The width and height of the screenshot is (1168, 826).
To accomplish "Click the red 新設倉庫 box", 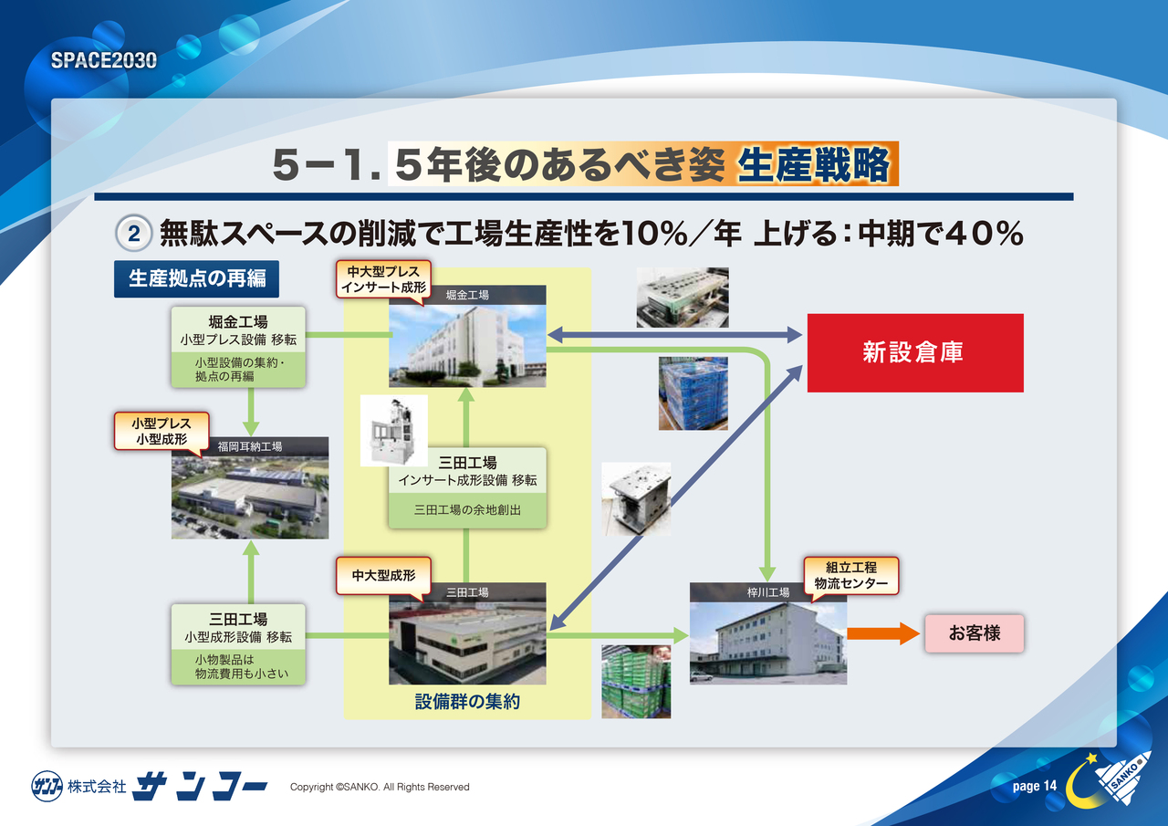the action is [x=915, y=353].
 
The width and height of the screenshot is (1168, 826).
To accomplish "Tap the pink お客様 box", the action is [x=974, y=633].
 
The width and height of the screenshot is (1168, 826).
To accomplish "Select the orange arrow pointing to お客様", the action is [x=882, y=633].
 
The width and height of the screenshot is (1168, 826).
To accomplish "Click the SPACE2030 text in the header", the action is [x=104, y=60].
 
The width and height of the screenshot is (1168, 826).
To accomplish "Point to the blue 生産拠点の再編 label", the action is [x=196, y=278].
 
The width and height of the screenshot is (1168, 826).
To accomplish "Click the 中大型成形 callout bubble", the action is [x=383, y=577].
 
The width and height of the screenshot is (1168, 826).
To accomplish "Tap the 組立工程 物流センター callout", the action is [x=850, y=576].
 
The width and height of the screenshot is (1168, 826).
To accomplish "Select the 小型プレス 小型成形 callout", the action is [x=162, y=432].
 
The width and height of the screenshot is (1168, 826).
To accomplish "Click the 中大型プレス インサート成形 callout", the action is [x=383, y=280].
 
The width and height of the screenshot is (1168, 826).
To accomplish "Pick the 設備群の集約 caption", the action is [x=467, y=701].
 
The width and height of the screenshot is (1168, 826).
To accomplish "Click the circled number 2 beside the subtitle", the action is [x=133, y=234].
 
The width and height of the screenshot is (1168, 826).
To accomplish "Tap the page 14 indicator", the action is [x=1035, y=786].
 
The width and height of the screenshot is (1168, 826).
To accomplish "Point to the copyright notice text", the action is [x=380, y=787].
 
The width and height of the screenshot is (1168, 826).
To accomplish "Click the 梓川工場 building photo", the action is [x=768, y=643].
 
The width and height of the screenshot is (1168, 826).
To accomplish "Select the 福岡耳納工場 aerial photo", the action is [x=250, y=497].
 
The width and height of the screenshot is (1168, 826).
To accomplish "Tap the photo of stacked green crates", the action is [x=636, y=682].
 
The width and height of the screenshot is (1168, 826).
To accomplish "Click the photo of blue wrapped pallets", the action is [x=693, y=393].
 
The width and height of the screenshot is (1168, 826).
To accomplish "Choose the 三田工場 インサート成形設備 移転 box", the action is [x=467, y=487].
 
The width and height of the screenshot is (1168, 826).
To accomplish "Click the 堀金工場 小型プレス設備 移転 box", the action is [x=238, y=347].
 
